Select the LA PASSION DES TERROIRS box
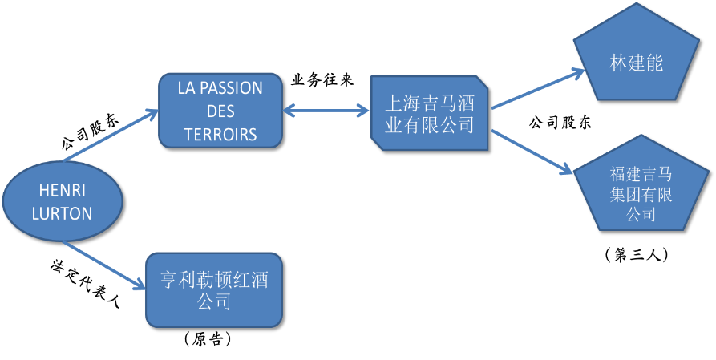point(220,111)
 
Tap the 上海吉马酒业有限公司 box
point(430,113)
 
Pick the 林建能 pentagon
point(636,60)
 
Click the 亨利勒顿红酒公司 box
point(214,289)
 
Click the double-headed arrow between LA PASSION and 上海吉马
point(327,110)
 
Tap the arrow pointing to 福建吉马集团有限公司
point(534,152)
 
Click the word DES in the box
point(220,111)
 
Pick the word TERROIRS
point(220,135)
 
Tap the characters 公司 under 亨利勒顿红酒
point(214,302)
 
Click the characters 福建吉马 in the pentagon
point(641,173)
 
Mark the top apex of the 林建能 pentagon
point(636,6)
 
